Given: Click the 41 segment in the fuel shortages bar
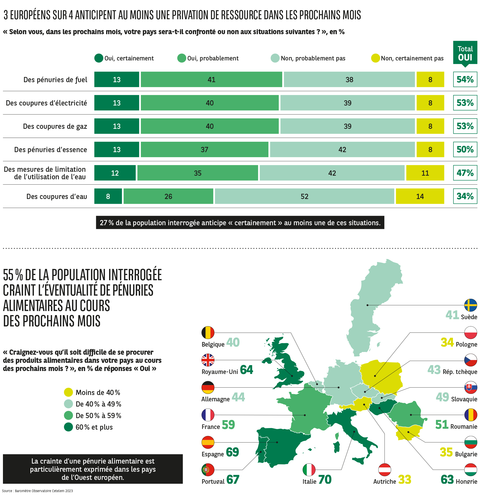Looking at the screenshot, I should point(211,79).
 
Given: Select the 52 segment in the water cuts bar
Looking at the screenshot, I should point(304,196).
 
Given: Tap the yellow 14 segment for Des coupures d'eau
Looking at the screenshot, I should point(420,196).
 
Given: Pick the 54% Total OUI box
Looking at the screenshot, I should point(465,79).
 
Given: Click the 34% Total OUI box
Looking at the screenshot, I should point(465,196).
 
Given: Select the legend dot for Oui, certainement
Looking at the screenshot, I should point(99,58).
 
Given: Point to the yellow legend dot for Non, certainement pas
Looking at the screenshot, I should point(375,58).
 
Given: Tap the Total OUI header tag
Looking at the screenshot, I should point(465,53).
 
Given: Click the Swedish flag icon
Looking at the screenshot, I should point(470,305).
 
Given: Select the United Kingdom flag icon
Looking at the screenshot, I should point(208,360).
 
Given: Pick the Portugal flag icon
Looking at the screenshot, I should point(208,470).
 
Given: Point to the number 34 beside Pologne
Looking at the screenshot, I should point(447,342).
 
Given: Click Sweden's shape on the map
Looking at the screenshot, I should point(369,305).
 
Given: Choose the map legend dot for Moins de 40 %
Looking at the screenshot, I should point(68,392).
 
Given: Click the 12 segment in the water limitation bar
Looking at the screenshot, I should point(115,173).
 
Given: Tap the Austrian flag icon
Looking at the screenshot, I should point(384,470).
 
